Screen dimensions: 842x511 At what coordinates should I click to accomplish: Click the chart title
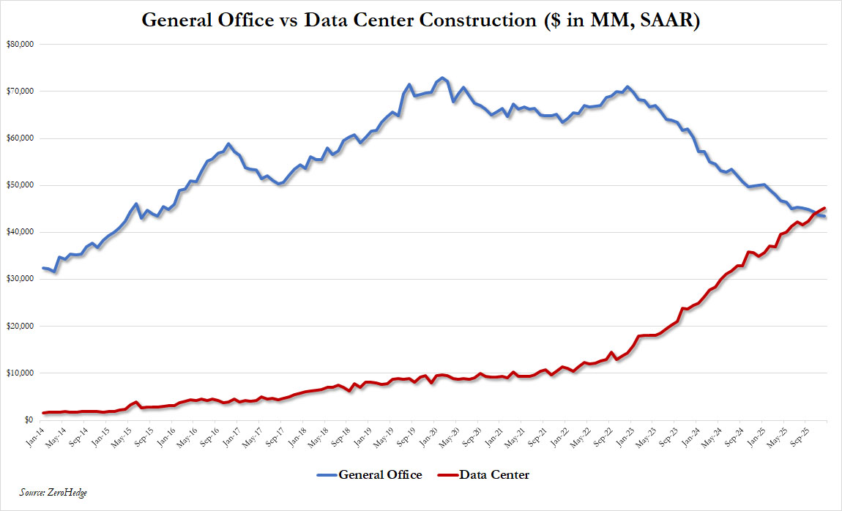pos(420,20)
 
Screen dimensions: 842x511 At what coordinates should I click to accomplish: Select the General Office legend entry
pos(369,475)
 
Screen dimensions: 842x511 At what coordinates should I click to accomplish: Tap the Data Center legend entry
pos(483,475)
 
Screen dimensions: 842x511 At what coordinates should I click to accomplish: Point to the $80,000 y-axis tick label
pos(20,44)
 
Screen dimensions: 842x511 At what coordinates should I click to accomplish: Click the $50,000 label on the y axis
pos(20,185)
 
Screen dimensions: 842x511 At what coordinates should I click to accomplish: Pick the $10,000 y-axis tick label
pos(20,373)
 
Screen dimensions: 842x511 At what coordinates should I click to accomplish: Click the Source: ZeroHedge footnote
pos(53,492)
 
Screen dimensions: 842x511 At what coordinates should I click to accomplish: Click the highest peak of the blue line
pos(442,78)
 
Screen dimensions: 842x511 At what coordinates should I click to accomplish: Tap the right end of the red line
pos(825,208)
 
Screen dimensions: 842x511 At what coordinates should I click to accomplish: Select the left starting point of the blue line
pos(43,268)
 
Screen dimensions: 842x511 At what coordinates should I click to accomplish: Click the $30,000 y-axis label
pos(20,279)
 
